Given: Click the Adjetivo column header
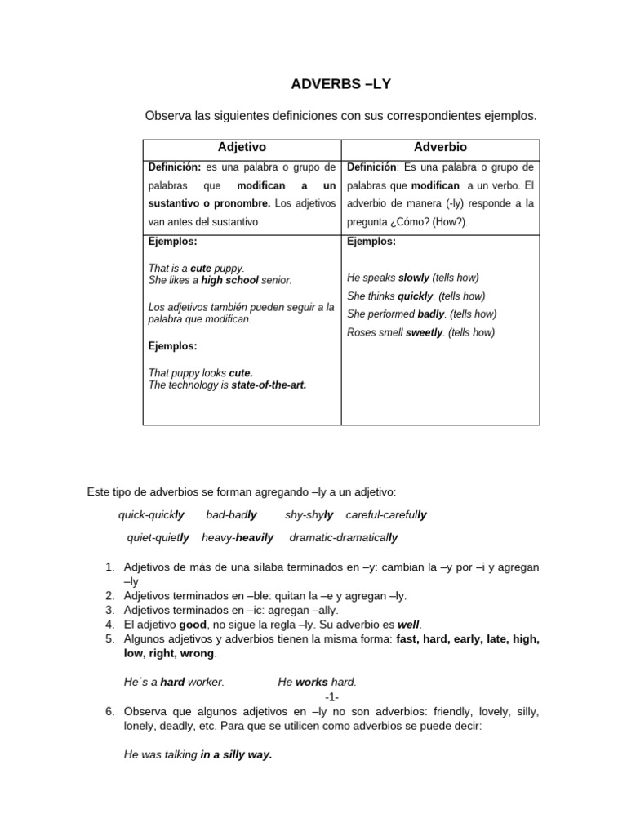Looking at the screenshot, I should tap(242, 148).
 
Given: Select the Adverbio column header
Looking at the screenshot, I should tap(440, 148).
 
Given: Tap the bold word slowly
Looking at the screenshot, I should tap(413, 278).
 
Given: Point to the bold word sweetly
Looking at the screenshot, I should tap(425, 332).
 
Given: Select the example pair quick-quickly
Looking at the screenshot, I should tap(151, 515).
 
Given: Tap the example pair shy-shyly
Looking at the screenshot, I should tap(309, 515).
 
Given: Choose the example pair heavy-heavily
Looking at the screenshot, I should tap(238, 538).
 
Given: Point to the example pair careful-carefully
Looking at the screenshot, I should tap(386, 515).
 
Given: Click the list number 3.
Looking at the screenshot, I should tap(110, 610).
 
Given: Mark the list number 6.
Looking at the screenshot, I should tap(110, 712).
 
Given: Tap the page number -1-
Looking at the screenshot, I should tap(331, 696).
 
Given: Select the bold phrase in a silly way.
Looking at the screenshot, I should tap(236, 755).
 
